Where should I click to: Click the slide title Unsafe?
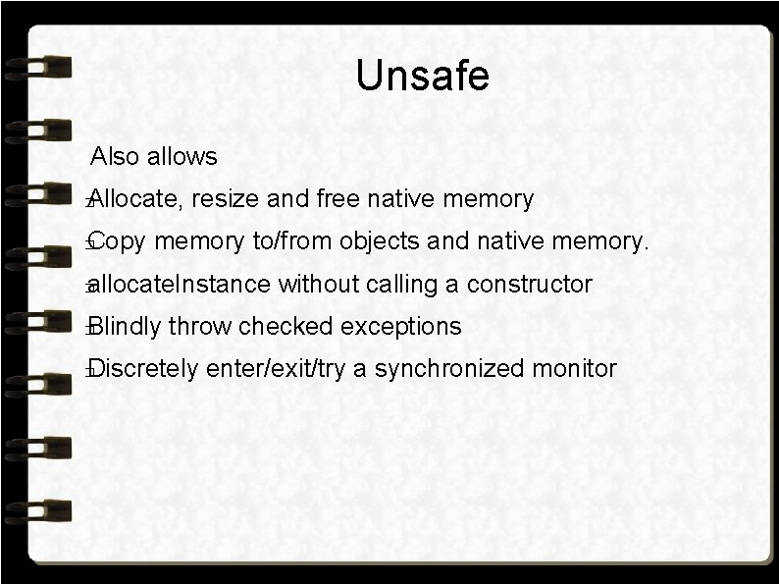click(422, 76)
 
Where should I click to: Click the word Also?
click(115, 156)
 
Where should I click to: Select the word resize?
click(226, 199)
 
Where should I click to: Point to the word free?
click(339, 199)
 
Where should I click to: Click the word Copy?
click(120, 242)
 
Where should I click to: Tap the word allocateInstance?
click(180, 285)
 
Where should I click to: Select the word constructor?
click(531, 285)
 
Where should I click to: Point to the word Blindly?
click(126, 326)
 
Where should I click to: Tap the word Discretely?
click(143, 369)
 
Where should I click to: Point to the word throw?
click(203, 326)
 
